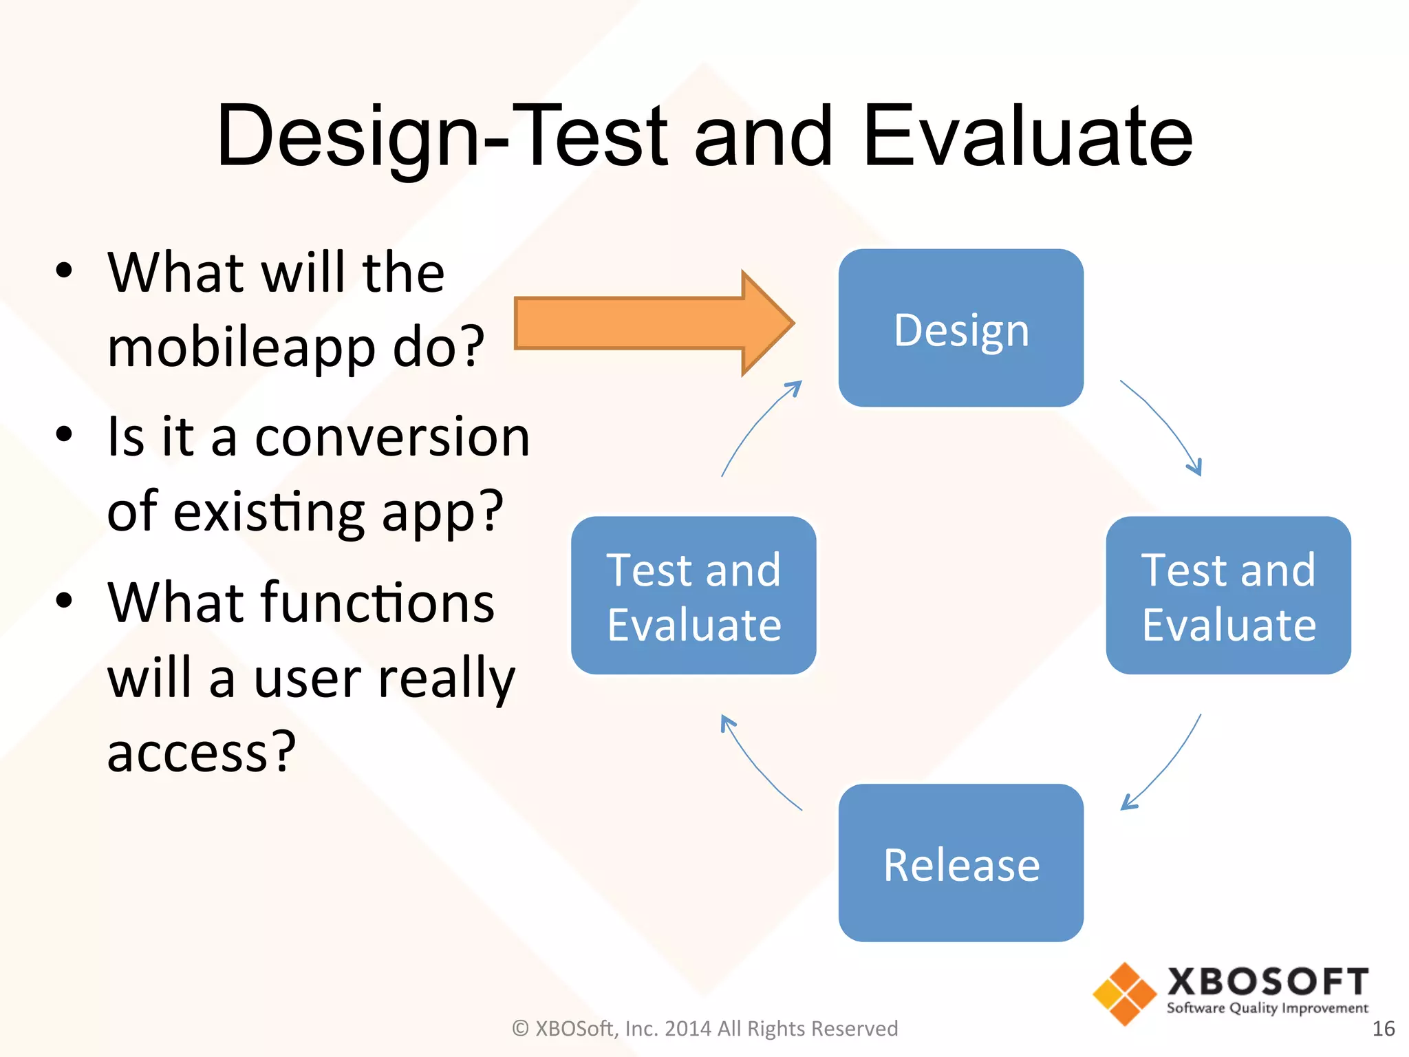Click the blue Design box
coord(960,328)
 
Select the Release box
coord(960,863)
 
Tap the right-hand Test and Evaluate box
coord(1228,595)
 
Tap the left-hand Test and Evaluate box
coord(693,595)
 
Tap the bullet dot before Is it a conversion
coord(64,435)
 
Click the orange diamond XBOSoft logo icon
coord(1124,994)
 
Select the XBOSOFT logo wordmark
coord(1267,982)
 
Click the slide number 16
coord(1383,1029)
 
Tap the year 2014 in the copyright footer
coord(688,1029)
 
